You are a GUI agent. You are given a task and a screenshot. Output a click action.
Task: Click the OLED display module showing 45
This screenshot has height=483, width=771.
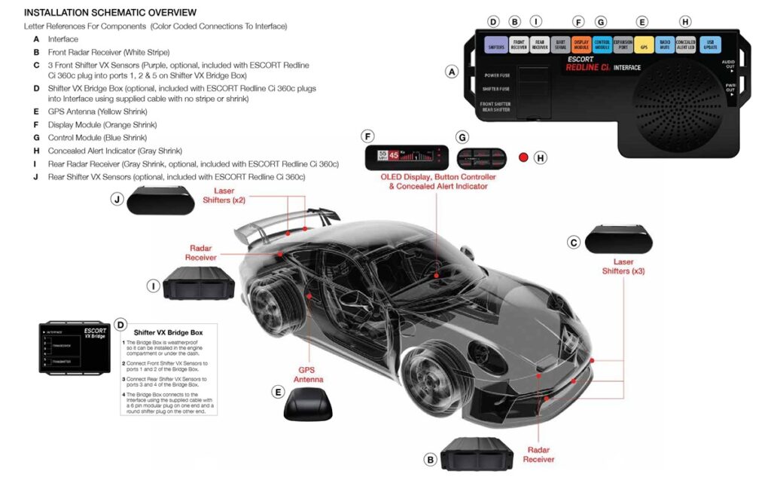tap(401, 158)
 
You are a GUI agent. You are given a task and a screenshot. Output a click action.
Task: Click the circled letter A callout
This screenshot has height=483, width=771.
tap(452, 72)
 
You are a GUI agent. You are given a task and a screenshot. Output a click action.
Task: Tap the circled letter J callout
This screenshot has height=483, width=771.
tap(116, 199)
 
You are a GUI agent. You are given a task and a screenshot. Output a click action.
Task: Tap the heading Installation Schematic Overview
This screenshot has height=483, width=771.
tap(110, 13)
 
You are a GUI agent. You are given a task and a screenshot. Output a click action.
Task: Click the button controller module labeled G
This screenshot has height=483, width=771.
tap(480, 158)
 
